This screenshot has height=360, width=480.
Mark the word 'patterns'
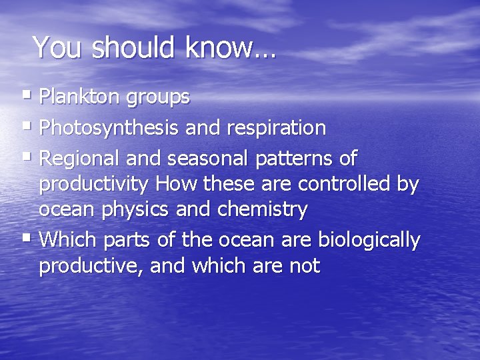pyautogui.click(x=291, y=159)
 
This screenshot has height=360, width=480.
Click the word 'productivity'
pyautogui.click(x=95, y=185)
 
